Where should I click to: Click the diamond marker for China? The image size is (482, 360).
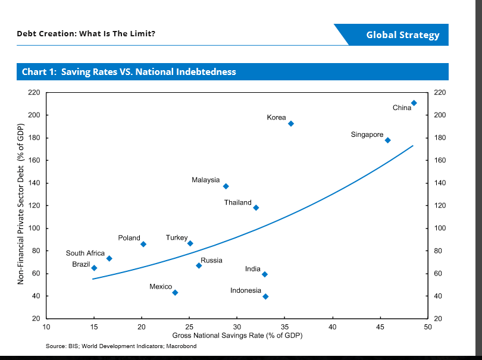point(414,103)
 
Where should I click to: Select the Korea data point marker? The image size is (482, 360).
point(291,124)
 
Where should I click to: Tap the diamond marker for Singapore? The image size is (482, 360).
point(387,140)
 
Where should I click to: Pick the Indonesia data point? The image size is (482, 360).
point(265,296)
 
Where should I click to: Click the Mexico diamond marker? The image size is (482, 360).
point(175,293)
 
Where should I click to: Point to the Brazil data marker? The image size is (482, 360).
point(94,268)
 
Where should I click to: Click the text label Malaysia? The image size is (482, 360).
point(206,180)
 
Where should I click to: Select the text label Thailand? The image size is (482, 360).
point(237,203)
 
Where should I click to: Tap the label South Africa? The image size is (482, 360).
point(85,253)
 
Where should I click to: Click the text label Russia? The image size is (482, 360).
point(211,261)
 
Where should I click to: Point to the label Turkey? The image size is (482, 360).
point(177,237)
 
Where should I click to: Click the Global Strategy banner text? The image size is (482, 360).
point(403,35)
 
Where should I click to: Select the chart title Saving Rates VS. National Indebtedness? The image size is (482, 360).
point(129,72)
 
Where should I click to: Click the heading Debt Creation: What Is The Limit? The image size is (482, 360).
point(86,34)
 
